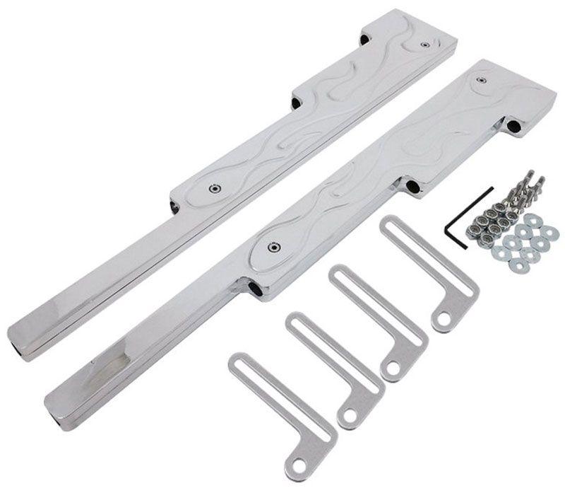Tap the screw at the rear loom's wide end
tap(424, 45)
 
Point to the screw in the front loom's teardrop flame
tap(271, 246)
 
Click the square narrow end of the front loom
tap(64, 400)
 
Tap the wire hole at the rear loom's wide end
tap(364, 37)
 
